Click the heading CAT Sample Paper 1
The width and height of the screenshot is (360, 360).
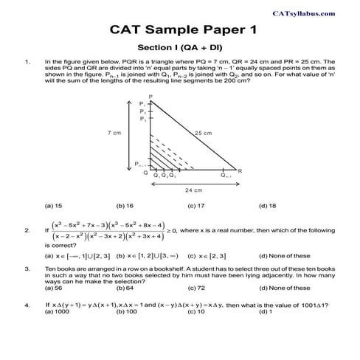pos(179,32)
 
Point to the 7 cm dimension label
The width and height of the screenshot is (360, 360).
pos(114,133)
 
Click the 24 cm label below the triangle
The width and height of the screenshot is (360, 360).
pos(193,190)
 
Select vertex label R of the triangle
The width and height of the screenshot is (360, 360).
pos(240,170)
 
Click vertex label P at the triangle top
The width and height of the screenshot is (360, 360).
pos(150,97)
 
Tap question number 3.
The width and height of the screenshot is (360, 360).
pos(27,268)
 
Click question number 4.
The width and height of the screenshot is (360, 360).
pos(27,304)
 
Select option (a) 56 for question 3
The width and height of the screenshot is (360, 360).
pos(53,288)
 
